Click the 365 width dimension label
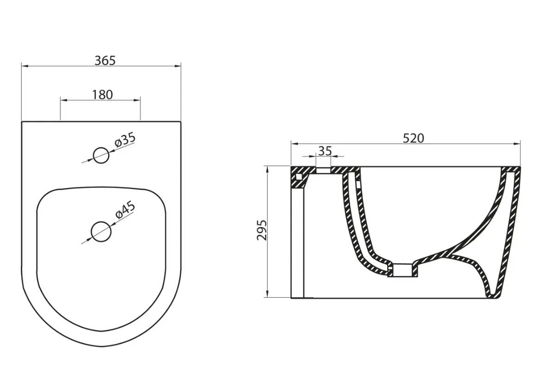coord(105,60)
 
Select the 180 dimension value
coord(102,95)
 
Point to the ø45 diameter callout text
coord(125,210)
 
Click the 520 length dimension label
coord(414,138)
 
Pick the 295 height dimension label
coord(262,230)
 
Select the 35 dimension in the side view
coord(325,151)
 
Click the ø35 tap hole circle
coord(101,155)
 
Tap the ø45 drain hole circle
coord(101,232)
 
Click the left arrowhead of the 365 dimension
coord(25,66)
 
